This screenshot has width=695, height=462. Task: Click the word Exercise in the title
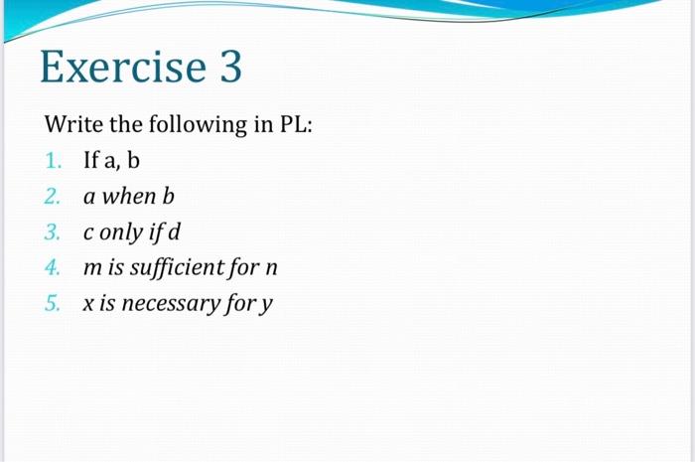click(122, 69)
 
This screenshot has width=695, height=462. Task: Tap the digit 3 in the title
click(228, 69)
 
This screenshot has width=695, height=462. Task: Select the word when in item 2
click(128, 197)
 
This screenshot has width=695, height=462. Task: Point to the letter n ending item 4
click(272, 269)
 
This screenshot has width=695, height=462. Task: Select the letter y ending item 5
click(265, 306)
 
